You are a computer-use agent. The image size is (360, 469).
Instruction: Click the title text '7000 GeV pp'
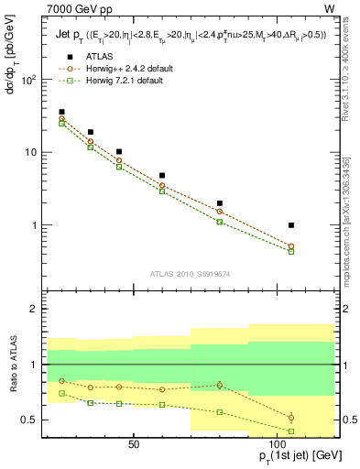click(x=73, y=8)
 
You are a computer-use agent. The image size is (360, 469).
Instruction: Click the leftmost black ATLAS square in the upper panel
click(x=61, y=112)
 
